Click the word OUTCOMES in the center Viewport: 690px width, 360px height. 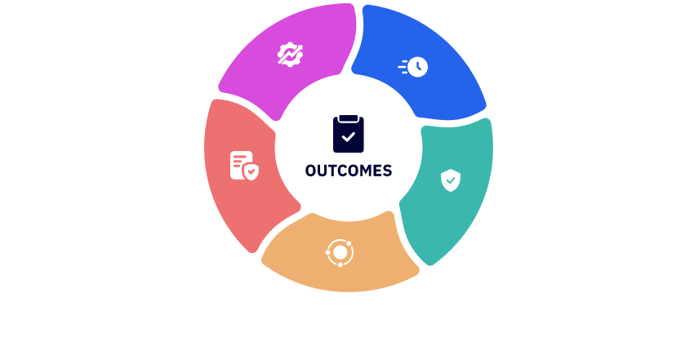click(x=349, y=171)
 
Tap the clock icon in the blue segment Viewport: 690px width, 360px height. click(x=413, y=66)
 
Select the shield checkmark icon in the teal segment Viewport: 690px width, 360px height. click(x=450, y=180)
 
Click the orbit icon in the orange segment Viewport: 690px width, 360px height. click(x=338, y=252)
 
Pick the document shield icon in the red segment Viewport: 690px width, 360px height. click(x=244, y=166)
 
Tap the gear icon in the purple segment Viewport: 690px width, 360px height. click(x=289, y=55)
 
